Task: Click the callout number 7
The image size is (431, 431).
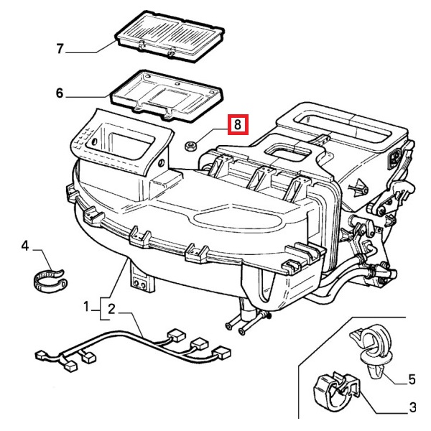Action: coord(60,50)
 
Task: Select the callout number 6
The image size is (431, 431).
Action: coord(60,93)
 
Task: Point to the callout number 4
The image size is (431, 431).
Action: coord(25,246)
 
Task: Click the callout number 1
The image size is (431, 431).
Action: coord(88,307)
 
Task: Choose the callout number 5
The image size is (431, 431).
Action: coord(412,378)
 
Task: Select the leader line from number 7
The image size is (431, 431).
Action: coord(93,50)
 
